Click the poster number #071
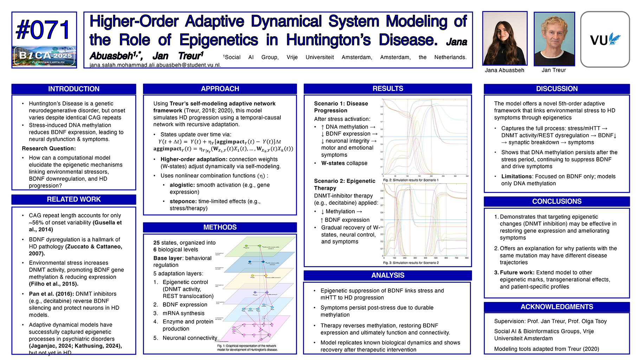(44, 30)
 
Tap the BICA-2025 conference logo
(44, 56)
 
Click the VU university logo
(605, 39)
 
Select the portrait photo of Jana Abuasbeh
(505, 38)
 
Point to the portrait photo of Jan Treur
(554, 39)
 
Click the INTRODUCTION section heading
(74, 89)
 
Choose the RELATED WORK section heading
(74, 199)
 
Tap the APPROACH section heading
(220, 89)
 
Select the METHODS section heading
(220, 227)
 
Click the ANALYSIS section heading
(388, 275)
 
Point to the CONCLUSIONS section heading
(557, 201)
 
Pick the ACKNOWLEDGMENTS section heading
(557, 307)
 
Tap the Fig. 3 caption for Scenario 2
(411, 263)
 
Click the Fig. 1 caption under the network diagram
(247, 348)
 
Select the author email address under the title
(155, 65)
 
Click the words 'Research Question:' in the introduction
(49, 148)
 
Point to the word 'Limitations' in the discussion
(516, 176)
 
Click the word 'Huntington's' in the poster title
(328, 40)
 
